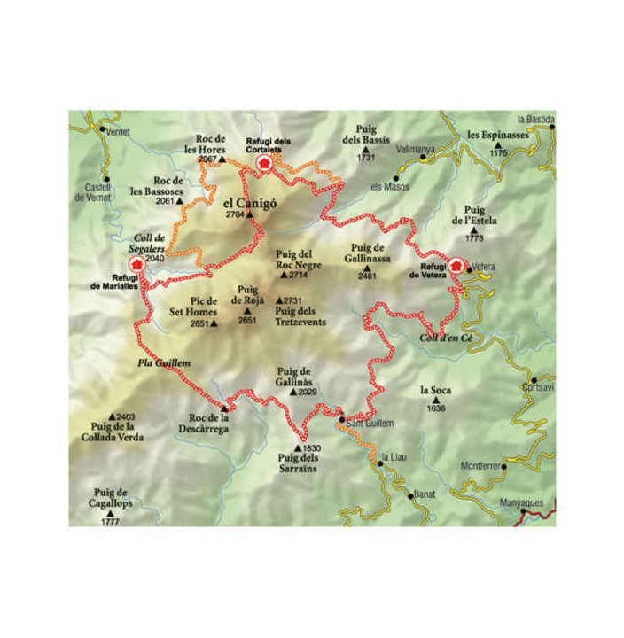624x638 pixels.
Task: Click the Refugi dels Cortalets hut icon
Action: tap(261, 162)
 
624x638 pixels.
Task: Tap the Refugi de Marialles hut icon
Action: tap(136, 265)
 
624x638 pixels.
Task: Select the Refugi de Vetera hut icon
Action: tap(456, 264)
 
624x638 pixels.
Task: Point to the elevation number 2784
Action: tap(234, 215)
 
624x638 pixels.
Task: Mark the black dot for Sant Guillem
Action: tap(342, 418)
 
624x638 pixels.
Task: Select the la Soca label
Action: tap(434, 390)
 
